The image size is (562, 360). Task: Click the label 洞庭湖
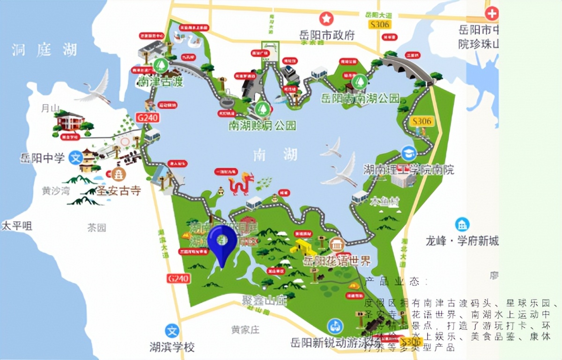(x=44, y=50)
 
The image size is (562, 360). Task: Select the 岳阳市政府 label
(x=327, y=35)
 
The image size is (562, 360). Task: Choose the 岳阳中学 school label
(x=42, y=158)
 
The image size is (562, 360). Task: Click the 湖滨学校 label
(x=172, y=347)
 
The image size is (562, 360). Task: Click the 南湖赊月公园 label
(x=262, y=125)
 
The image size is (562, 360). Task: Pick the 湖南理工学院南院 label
(x=408, y=169)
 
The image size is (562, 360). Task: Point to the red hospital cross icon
(x=492, y=14)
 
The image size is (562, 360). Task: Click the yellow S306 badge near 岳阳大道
(x=379, y=24)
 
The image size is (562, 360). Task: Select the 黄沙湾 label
(x=55, y=191)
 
